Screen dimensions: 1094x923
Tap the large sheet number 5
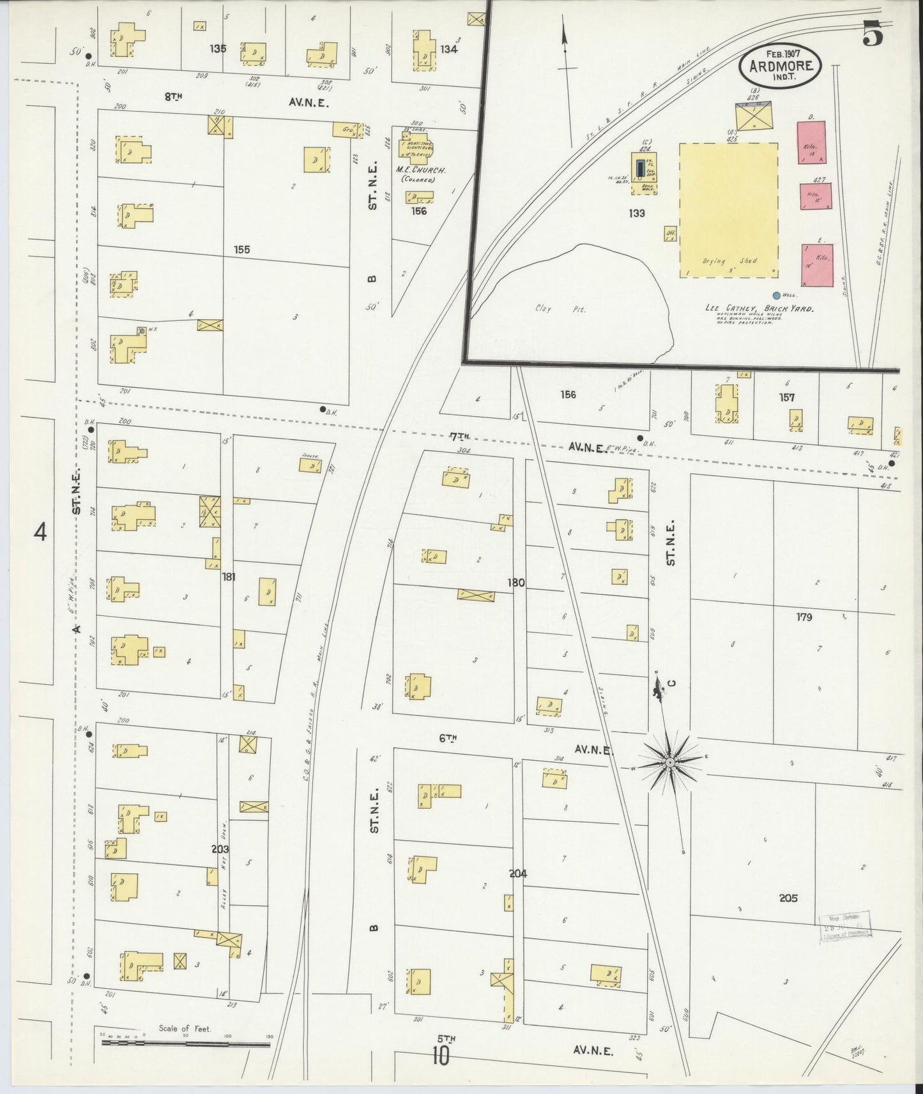pos(873,34)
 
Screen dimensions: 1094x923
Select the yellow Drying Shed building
pos(728,210)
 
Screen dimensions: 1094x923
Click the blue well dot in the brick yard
pos(776,296)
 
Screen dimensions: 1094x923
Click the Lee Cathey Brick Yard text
pos(759,308)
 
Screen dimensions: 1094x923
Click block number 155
pos(241,250)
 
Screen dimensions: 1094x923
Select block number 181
pos(228,577)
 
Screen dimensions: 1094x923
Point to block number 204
pos(517,873)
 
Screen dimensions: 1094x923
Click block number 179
pos(804,617)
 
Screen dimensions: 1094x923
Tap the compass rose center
pos(670,763)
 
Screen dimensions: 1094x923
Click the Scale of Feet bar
pos(185,1045)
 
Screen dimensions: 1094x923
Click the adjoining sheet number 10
pos(440,1056)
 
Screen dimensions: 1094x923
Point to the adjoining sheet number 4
pos(40,532)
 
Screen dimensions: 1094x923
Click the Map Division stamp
pos(845,924)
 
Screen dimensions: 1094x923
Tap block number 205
pos(788,898)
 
